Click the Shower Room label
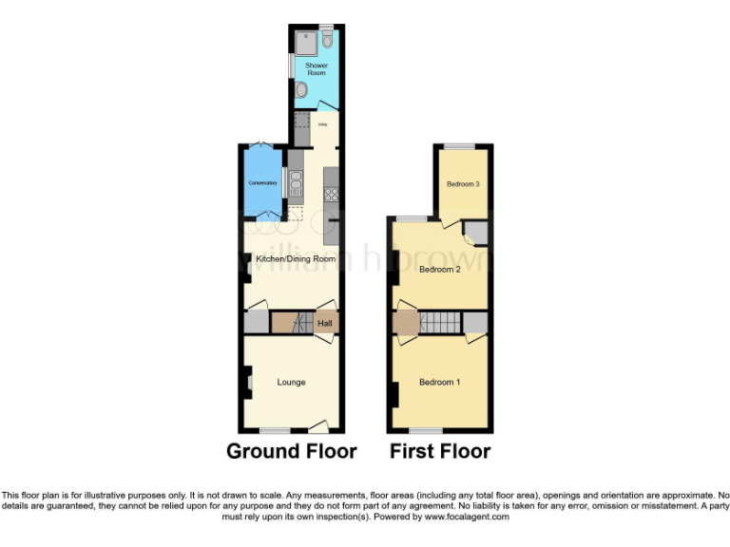click(316, 69)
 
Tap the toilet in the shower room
click(326, 39)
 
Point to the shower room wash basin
click(301, 90)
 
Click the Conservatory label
click(261, 182)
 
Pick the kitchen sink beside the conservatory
click(295, 181)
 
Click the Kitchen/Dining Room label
click(291, 258)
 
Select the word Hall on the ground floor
click(325, 324)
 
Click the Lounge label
click(291, 382)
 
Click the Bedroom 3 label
click(462, 184)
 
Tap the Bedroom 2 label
click(439, 270)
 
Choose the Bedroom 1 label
click(439, 382)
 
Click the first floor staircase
click(439, 323)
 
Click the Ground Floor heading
click(291, 452)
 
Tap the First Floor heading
click(440, 452)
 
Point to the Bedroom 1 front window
click(426, 430)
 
